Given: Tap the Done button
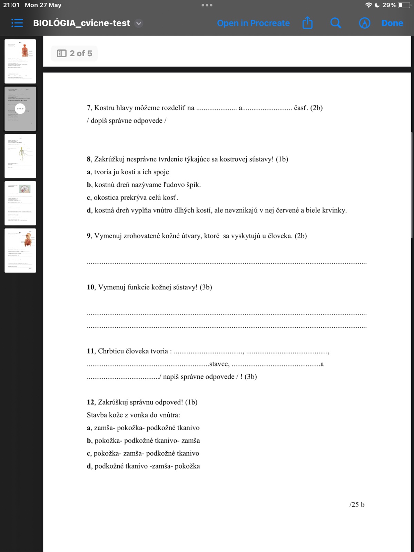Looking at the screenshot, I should point(392,23).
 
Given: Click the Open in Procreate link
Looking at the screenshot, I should point(253,23).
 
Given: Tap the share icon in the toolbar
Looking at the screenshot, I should point(307,23).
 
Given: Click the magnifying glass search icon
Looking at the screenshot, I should point(335,23).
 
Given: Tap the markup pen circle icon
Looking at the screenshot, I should point(365,23).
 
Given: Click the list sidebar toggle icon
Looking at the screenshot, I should point(17,23).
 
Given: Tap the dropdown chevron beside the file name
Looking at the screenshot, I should point(139,23).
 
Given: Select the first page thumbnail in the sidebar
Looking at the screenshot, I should point(20,61).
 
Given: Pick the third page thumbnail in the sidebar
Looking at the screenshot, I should point(20,156).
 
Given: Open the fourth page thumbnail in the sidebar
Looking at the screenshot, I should point(20,203).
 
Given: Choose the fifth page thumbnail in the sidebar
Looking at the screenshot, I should point(20,250).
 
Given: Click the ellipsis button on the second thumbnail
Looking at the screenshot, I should point(20,109).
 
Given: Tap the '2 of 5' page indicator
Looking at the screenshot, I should point(75,53).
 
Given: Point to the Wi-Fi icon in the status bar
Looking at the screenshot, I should point(368,5).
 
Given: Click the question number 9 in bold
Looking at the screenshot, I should point(89,236).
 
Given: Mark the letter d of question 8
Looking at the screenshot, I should point(89,210).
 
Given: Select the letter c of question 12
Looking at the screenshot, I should point(89,453).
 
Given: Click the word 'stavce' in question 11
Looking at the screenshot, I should point(219,364).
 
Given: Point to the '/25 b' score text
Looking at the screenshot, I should point(357,504).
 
